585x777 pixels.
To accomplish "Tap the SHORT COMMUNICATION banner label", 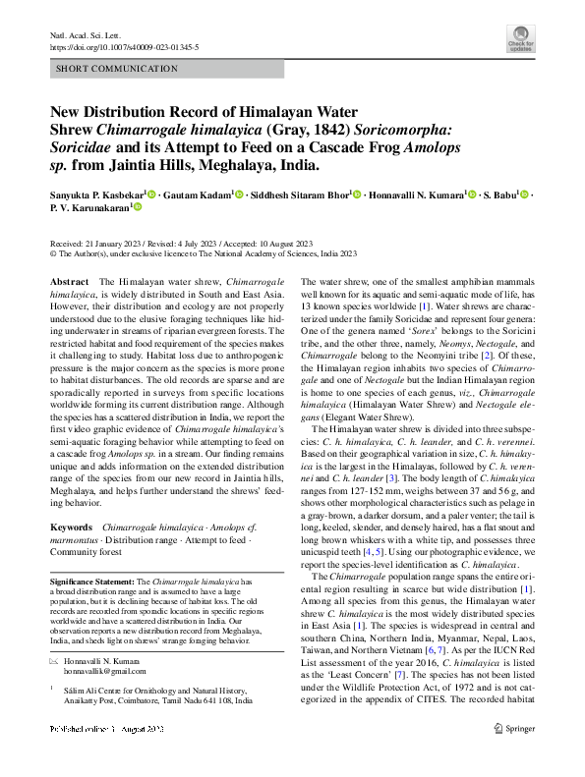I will (x=118, y=69).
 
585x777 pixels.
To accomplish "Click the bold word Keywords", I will (x=72, y=527).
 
